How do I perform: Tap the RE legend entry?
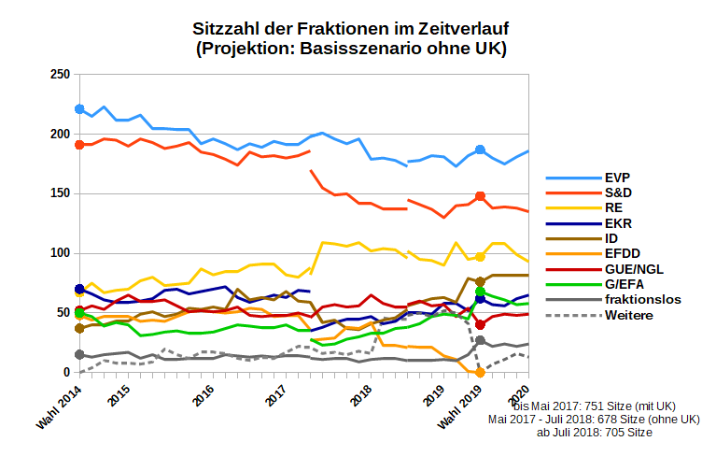click(613, 207)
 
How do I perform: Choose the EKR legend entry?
click(617, 223)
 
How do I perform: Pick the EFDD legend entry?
click(622, 254)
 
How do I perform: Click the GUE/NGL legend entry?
click(634, 269)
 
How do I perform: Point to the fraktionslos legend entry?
click(642, 300)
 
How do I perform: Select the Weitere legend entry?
click(628, 316)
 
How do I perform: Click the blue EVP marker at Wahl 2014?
click(79, 109)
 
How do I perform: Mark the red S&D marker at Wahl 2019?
click(480, 196)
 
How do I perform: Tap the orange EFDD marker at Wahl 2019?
click(480, 372)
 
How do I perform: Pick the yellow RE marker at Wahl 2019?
click(480, 257)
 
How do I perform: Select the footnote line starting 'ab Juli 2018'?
click(595, 433)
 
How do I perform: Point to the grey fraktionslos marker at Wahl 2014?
click(79, 355)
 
